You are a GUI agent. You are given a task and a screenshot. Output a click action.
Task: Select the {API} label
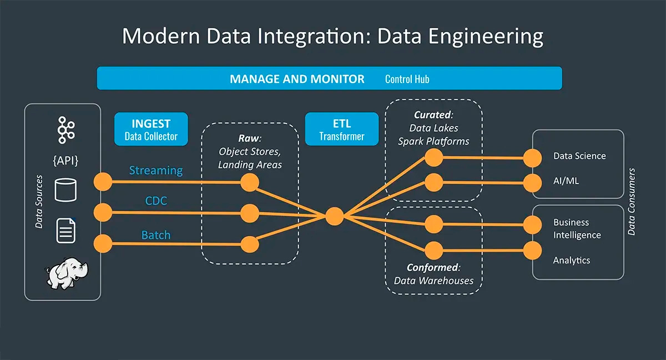(x=65, y=161)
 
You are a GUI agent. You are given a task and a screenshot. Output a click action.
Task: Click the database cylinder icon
(x=65, y=190)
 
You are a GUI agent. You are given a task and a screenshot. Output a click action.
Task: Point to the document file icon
(x=65, y=231)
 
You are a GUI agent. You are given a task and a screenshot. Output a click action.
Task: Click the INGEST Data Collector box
(x=151, y=129)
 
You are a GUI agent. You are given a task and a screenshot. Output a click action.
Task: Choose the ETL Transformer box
(x=341, y=129)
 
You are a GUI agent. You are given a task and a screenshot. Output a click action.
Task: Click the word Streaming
(x=156, y=170)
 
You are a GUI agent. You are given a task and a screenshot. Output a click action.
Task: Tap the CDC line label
(x=156, y=201)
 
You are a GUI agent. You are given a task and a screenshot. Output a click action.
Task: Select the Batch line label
(x=156, y=235)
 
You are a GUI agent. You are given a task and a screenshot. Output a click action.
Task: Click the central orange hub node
(x=334, y=216)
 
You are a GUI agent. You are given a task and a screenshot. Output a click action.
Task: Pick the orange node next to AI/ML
(x=532, y=181)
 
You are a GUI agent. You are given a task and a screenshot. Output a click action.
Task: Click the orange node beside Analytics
(x=532, y=250)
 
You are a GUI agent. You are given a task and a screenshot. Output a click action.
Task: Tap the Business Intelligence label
(x=577, y=229)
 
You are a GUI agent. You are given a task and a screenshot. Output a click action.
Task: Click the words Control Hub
(x=407, y=79)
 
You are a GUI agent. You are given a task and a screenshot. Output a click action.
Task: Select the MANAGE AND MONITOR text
(x=297, y=79)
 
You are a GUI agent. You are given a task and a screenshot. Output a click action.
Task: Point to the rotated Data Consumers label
(x=632, y=202)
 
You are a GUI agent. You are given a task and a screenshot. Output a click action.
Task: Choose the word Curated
(x=433, y=115)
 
